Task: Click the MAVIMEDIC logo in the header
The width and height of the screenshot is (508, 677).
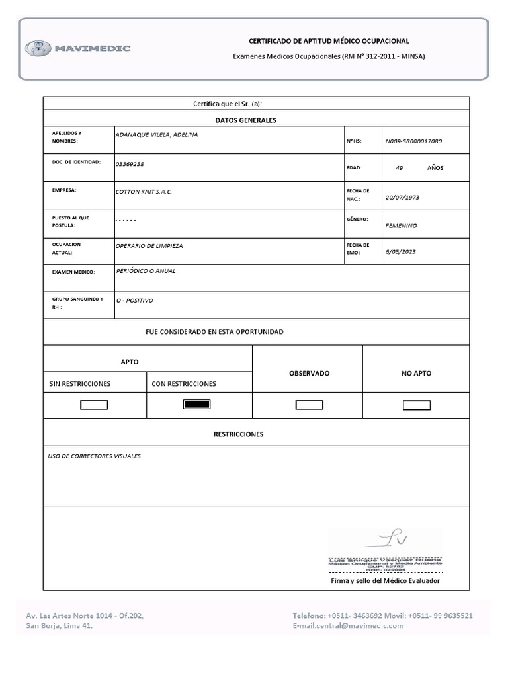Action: coord(78,48)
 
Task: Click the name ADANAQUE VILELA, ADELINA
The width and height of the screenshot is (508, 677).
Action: coord(156,135)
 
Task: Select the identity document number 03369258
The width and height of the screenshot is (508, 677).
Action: coord(130,164)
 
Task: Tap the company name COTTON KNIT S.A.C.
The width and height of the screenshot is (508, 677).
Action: coord(144,192)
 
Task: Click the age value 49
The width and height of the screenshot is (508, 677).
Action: coord(399,168)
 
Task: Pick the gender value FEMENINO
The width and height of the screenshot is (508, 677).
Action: coord(401,225)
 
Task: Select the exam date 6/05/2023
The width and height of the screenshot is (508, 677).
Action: coord(400,251)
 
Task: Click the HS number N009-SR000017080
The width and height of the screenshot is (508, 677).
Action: coord(413,141)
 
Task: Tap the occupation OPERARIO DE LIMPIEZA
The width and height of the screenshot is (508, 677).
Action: coord(149,246)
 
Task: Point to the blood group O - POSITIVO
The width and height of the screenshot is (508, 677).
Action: coord(134,301)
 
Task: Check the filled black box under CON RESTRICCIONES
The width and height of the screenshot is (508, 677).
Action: coord(196,405)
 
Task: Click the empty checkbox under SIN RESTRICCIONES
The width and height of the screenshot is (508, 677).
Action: coord(94,405)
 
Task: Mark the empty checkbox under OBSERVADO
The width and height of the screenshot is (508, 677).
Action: coord(309,405)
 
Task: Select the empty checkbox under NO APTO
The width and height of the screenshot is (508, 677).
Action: coord(416,405)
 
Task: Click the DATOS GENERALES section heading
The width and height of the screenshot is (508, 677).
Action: coord(245,120)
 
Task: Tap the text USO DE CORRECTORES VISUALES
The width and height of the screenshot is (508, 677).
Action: coord(94,456)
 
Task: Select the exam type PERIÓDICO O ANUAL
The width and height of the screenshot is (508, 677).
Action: coord(146,271)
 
